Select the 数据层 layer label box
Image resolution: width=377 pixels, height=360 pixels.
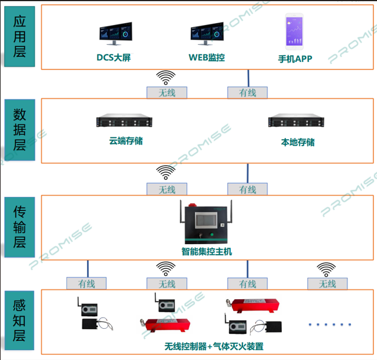(20, 129)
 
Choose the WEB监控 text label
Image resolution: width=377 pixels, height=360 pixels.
(206, 58)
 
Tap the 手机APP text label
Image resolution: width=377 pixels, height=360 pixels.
(295, 59)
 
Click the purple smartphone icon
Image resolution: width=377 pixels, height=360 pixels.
(295, 32)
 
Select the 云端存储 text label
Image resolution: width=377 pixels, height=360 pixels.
(126, 141)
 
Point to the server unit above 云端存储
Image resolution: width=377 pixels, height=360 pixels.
(124, 122)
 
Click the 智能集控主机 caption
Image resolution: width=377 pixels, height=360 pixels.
(207, 252)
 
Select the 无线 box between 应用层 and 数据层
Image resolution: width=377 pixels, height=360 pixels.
(167, 93)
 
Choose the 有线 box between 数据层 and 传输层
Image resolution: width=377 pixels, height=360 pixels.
(248, 190)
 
